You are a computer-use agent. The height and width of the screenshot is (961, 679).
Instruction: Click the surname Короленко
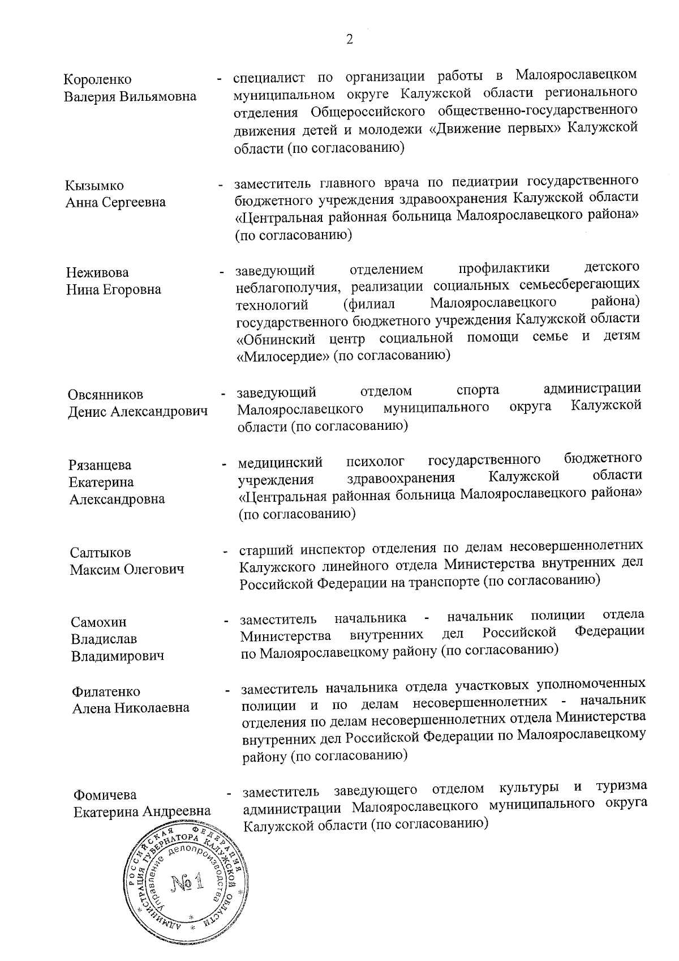97,79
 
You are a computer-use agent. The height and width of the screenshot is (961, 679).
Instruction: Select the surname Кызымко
94,186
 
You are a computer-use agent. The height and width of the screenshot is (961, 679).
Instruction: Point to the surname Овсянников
105,395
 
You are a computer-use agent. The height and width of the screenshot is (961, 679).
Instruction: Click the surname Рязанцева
100,465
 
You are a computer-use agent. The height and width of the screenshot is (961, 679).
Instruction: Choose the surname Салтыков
100,552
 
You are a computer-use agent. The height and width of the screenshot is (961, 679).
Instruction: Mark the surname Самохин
98,622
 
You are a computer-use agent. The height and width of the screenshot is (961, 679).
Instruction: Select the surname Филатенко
106,691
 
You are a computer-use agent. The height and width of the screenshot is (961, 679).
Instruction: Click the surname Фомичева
105,795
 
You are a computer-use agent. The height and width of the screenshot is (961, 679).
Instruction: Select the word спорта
478,390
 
